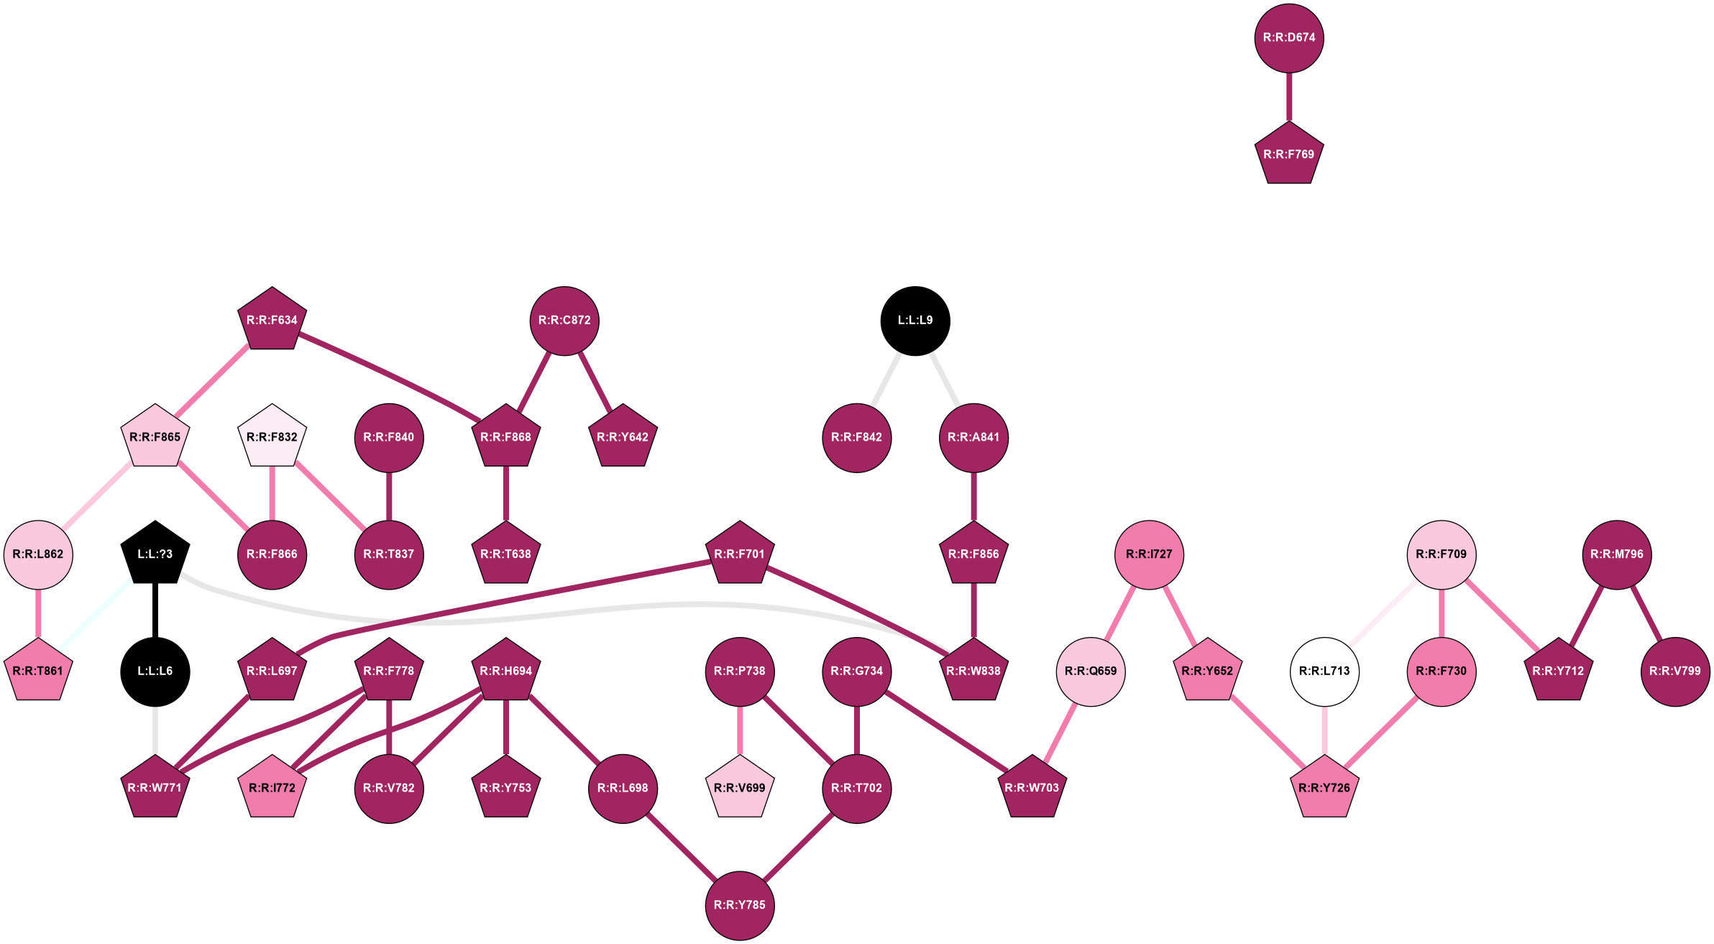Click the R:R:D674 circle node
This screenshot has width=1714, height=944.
pyautogui.click(x=1288, y=38)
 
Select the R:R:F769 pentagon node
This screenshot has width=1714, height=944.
pyautogui.click(x=1288, y=155)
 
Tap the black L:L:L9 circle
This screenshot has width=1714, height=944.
pyautogui.click(x=915, y=321)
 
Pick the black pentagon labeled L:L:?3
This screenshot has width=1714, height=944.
pyautogui.click(x=155, y=554)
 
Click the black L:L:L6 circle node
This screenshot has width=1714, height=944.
pyautogui.click(x=155, y=672)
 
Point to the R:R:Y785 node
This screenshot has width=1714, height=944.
pyautogui.click(x=740, y=905)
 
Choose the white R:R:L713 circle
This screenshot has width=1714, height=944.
pyautogui.click(x=1324, y=672)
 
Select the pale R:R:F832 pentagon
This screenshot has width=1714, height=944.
pyautogui.click(x=272, y=437)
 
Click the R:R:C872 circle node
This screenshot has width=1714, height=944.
pyautogui.click(x=564, y=321)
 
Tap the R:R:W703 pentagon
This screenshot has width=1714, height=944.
pyautogui.click(x=1032, y=788)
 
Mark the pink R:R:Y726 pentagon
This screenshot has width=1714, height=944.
pyautogui.click(x=1324, y=788)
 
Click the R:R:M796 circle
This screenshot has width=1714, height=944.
pyautogui.click(x=1617, y=554)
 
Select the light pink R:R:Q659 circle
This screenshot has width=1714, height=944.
pyautogui.click(x=1091, y=672)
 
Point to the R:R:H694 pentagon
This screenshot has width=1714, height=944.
pyautogui.click(x=505, y=672)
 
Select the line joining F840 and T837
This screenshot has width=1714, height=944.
pyautogui.click(x=389, y=496)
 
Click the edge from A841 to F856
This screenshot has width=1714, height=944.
pyautogui.click(x=973, y=496)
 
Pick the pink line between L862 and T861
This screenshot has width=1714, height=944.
pyautogui.click(x=38, y=613)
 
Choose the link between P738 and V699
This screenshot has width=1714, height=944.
pyautogui.click(x=740, y=730)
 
